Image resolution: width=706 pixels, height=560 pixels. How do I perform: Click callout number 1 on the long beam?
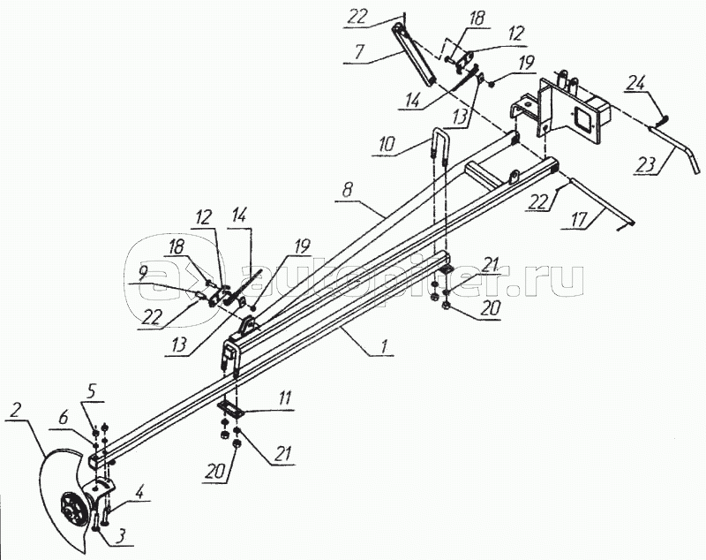(384, 347)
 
